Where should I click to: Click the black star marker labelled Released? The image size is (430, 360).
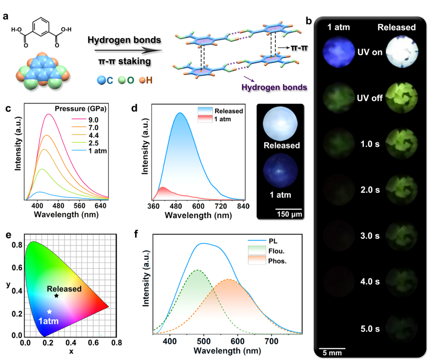coord(56,296)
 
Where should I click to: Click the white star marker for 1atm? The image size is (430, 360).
coord(50,311)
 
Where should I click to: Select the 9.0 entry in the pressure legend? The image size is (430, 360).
coord(93,120)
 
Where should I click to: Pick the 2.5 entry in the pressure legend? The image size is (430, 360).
coord(93,143)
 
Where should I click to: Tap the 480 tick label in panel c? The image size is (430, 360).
coord(58,206)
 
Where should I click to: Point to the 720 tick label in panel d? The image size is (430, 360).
coord(220,206)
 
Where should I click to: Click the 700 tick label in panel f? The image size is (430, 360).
coord(272,341)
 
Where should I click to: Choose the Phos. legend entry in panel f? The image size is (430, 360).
coord(277,261)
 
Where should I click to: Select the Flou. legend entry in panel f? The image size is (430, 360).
coord(277,251)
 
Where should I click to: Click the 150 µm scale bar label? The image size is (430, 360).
coord(289,214)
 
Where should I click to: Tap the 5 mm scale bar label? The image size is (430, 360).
coord(332,353)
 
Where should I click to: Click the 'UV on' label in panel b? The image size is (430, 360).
coord(370,52)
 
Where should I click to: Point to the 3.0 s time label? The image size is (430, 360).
coord(370,236)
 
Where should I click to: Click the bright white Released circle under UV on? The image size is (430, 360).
coord(402,52)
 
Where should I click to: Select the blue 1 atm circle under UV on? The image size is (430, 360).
coord(339,52)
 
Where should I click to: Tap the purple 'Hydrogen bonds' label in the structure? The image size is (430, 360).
coord(274,87)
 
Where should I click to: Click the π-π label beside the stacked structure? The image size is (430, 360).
coord(299,47)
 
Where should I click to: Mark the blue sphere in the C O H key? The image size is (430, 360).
coord(102,80)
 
